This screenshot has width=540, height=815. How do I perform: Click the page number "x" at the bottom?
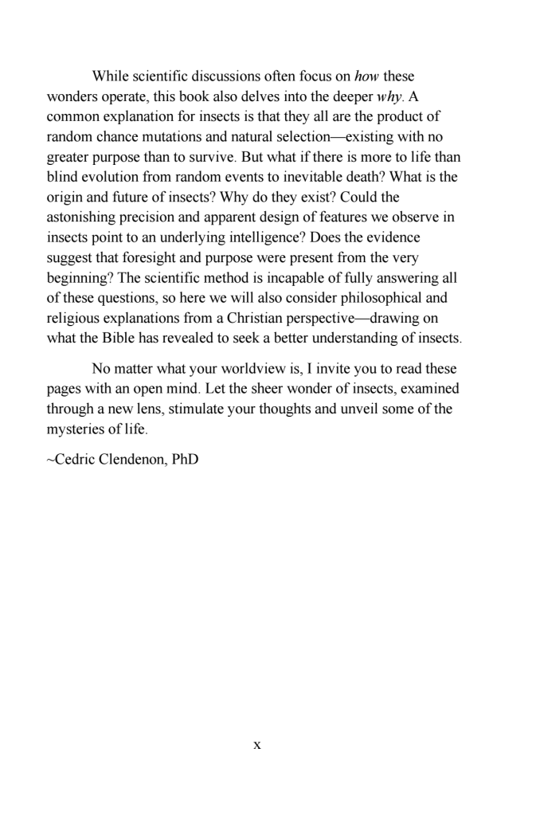click(256, 746)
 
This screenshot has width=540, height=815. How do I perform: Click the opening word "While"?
click(112, 76)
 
